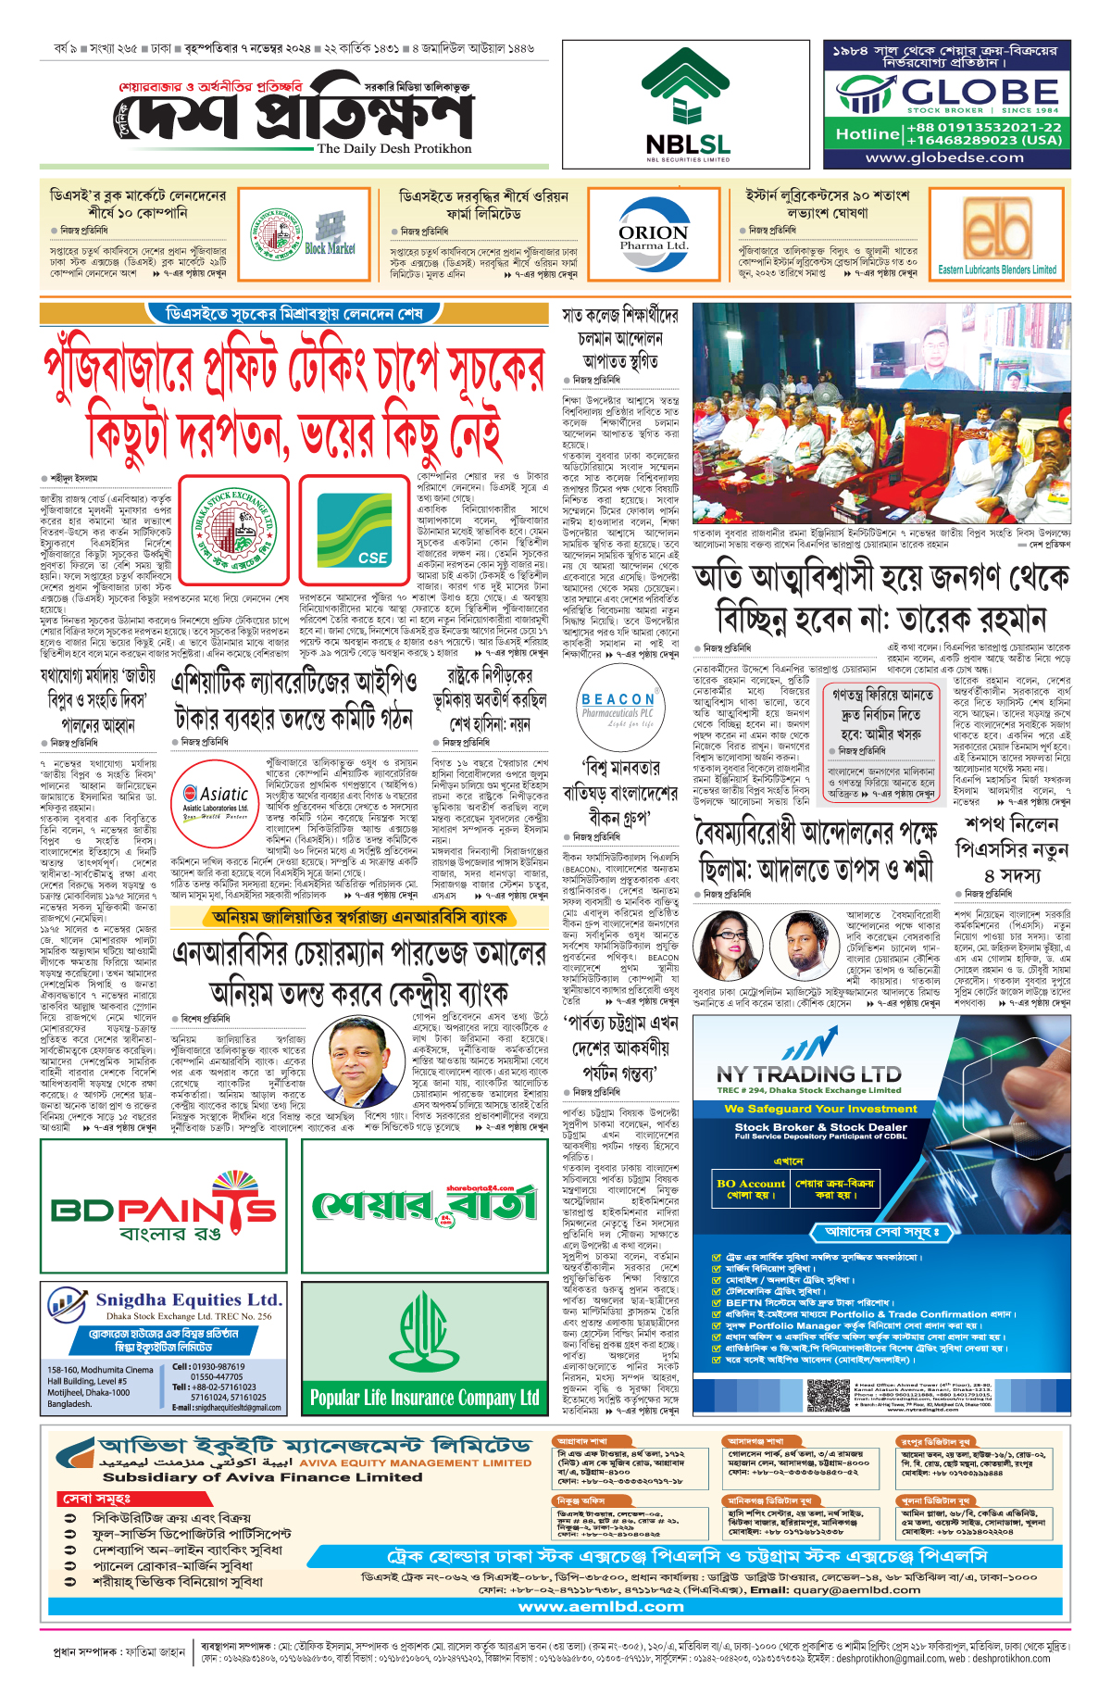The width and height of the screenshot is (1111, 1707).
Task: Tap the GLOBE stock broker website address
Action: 944,157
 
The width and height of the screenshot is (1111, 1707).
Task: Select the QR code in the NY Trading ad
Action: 828,1394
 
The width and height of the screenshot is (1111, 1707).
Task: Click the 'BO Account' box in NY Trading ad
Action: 751,1188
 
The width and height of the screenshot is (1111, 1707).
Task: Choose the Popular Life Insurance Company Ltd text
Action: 424,1397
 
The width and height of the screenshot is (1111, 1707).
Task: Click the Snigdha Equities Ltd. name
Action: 189,1299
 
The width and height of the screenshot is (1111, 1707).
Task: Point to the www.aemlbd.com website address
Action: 601,1607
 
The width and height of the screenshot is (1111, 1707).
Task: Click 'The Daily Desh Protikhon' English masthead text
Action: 394,148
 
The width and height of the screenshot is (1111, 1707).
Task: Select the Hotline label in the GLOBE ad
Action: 867,134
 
